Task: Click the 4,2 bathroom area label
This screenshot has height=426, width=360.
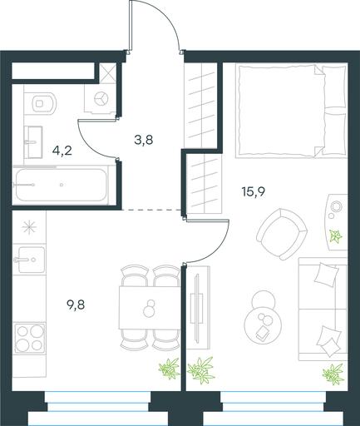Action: click(62, 151)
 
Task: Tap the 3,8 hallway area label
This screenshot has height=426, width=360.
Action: click(144, 141)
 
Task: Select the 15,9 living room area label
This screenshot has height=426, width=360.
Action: click(254, 191)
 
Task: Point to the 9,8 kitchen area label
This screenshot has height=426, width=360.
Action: click(76, 305)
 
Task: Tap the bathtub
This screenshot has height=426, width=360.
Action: click(61, 185)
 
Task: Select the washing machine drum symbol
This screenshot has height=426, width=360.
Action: click(101, 99)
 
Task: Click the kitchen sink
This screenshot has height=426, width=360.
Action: click(29, 260)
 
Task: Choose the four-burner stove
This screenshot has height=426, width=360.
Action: click(29, 338)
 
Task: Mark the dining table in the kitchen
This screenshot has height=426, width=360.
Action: click(150, 308)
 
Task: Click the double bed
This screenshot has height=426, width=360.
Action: click(291, 111)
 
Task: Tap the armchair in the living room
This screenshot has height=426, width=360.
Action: click(282, 235)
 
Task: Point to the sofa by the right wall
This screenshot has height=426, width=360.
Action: click(323, 310)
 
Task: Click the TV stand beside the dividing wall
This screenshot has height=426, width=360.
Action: click(197, 308)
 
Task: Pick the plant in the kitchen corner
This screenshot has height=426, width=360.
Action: click(169, 369)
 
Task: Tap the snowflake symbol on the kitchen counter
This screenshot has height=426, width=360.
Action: click(29, 227)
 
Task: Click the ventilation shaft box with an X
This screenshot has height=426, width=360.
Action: click(107, 73)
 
